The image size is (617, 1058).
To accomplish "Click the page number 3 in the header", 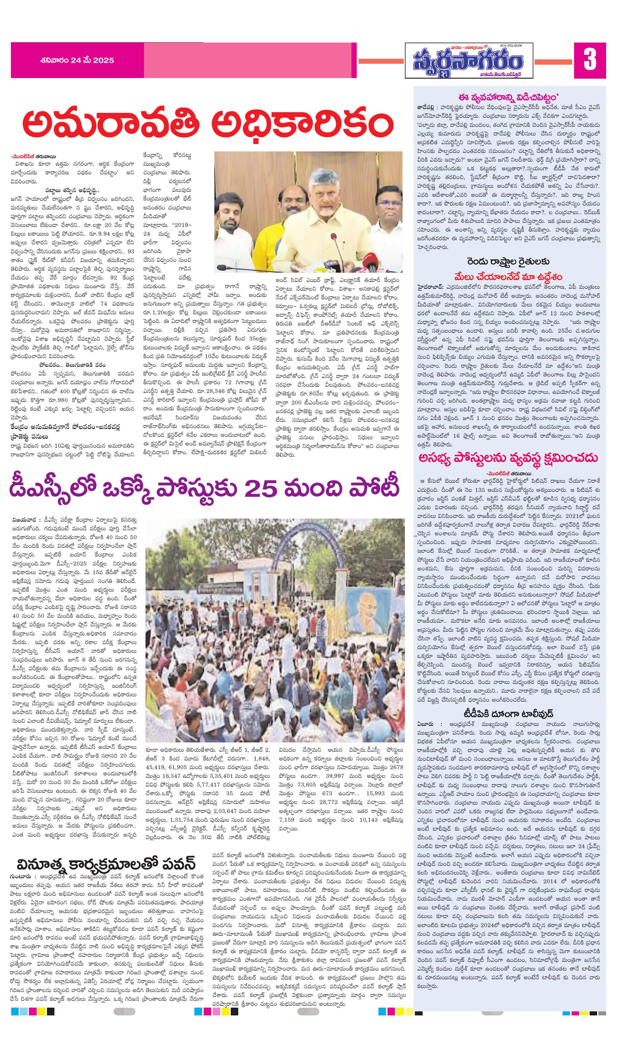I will [x=590, y=60].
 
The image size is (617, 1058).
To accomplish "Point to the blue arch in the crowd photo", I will [x=294, y=542].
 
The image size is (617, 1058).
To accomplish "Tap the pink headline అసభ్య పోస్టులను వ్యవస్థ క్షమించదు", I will [x=509, y=457].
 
